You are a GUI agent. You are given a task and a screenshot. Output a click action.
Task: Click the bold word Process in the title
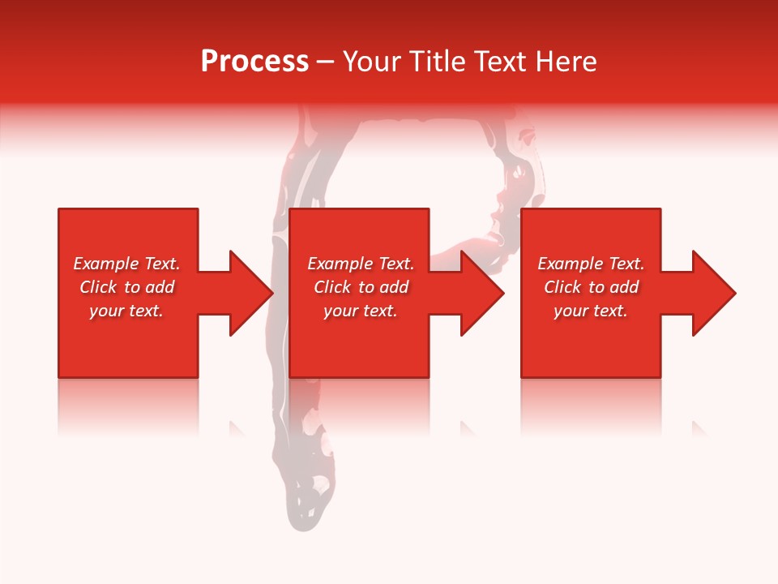(254, 62)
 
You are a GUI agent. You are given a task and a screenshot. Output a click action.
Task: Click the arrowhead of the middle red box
(481, 293)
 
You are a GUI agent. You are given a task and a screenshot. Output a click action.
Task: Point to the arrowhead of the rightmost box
(712, 293)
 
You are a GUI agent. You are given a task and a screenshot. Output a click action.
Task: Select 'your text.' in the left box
(126, 311)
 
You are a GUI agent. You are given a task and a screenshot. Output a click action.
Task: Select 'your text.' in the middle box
(361, 311)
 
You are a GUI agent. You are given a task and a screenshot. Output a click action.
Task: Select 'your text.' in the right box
(591, 311)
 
